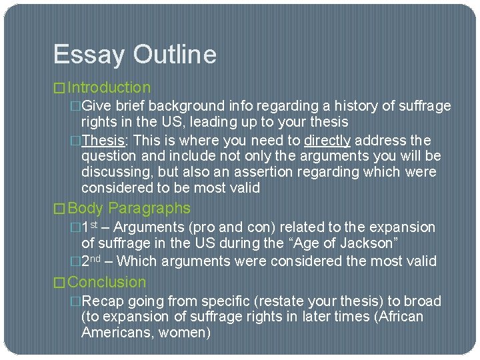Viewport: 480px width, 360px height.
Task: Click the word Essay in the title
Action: click(86, 55)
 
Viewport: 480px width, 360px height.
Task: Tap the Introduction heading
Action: click(109, 87)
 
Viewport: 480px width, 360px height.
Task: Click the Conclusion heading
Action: click(107, 282)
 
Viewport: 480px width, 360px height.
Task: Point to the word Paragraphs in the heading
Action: click(149, 209)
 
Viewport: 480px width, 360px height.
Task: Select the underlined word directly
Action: click(327, 141)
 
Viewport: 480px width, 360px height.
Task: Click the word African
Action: click(399, 316)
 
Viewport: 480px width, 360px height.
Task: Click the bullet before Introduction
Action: click(60, 88)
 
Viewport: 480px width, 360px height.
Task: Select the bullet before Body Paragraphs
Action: click(60, 209)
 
